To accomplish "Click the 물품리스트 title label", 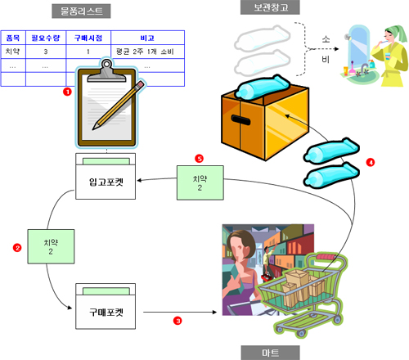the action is tap(81, 11).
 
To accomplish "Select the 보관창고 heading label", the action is tap(270, 7).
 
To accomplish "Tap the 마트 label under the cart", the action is tap(270, 353).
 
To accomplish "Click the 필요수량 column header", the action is tap(46, 38).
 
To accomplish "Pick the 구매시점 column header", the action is tap(88, 38).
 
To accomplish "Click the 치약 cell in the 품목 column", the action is tap(13, 52).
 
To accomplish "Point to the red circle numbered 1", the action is tap(67, 92).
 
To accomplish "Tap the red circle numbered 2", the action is tap(17, 248).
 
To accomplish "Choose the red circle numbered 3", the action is tap(178, 321).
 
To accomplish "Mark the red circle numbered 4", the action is tap(371, 162).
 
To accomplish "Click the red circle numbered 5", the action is tap(200, 159).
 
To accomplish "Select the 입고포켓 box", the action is tap(106, 176).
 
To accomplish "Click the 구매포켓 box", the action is tap(106, 306).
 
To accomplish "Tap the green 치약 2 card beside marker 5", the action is tap(200, 182).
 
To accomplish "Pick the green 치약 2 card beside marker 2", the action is tap(51, 246).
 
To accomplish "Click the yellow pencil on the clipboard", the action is tap(119, 105).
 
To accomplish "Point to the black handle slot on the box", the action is tap(240, 119).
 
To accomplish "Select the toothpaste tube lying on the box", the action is tap(263, 87).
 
